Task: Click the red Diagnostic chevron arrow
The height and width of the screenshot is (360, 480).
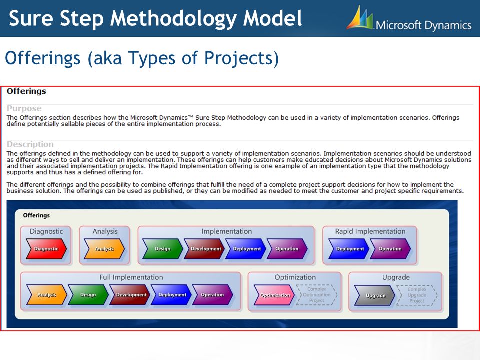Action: [x=46, y=249]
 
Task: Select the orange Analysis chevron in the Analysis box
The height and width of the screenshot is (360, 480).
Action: [x=104, y=249]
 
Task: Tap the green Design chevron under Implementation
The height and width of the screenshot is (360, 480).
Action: [x=163, y=249]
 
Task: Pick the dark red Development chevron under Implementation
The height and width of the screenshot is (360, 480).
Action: [x=204, y=249]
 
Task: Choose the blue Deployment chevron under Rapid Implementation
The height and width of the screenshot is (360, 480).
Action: [x=349, y=249]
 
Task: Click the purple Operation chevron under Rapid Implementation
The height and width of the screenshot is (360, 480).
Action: [x=390, y=249]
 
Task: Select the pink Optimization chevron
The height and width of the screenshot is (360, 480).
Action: [x=274, y=295]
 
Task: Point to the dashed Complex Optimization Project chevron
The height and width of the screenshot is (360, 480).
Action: [x=317, y=295]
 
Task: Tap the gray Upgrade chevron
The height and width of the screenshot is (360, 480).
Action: [x=374, y=295]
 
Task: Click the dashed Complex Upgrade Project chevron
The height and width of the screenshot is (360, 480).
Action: [x=417, y=295]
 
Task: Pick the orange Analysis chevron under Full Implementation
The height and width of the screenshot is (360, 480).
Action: [x=47, y=295]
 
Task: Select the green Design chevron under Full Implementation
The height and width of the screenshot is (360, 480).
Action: [x=88, y=295]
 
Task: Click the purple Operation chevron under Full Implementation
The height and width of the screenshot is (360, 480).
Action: [x=213, y=295]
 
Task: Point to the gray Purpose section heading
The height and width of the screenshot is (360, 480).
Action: [x=24, y=108]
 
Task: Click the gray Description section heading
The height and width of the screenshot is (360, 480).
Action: [x=30, y=144]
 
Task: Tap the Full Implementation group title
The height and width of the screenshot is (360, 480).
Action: [x=131, y=277]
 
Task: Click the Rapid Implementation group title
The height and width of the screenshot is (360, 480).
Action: [x=370, y=231]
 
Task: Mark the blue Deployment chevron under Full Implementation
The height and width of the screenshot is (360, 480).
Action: [x=171, y=295]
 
